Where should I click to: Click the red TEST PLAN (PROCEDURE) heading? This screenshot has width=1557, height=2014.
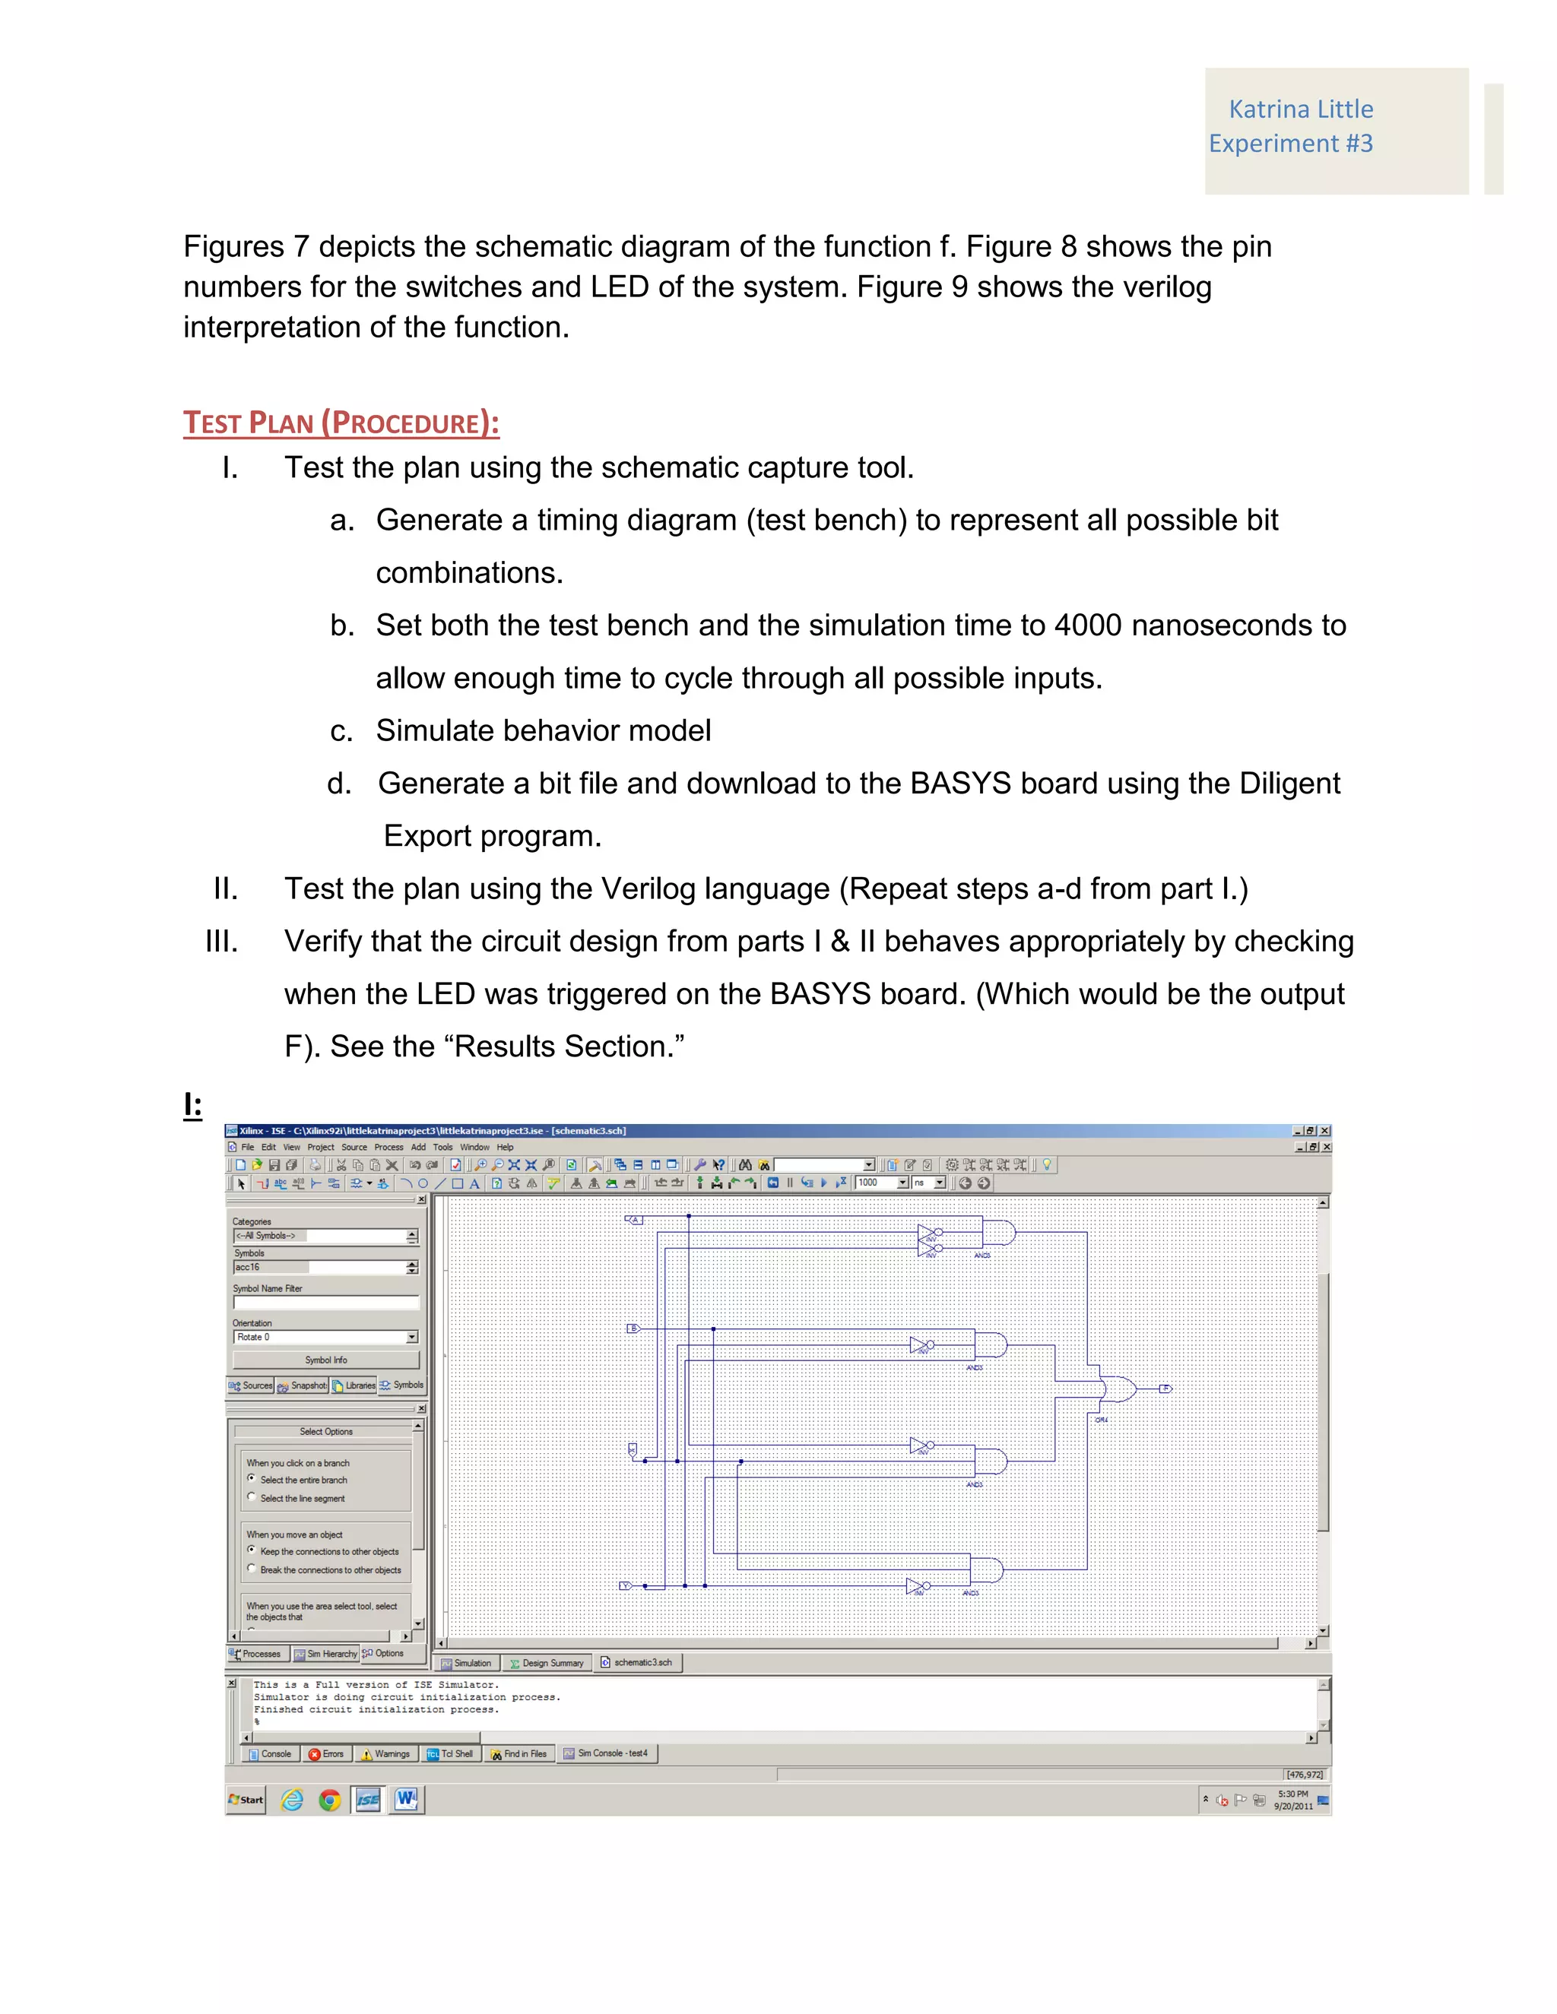[x=341, y=423]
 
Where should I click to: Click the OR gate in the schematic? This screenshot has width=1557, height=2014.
[x=1118, y=1388]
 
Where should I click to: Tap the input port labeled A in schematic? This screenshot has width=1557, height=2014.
[x=634, y=1220]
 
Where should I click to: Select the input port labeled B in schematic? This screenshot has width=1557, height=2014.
[x=633, y=1328]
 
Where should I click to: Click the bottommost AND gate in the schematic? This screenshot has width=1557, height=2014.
[x=985, y=1569]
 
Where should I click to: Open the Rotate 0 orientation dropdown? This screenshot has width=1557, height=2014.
[x=411, y=1336]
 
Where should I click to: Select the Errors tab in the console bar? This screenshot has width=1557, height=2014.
[x=326, y=1754]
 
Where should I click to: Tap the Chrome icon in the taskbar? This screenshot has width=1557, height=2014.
[x=329, y=1799]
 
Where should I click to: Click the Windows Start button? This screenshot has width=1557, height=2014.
[x=246, y=1799]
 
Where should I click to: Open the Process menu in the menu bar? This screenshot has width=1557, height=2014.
[x=388, y=1147]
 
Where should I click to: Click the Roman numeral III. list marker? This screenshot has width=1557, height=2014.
[x=221, y=942]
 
